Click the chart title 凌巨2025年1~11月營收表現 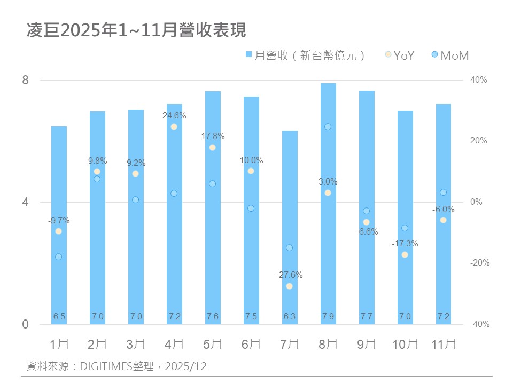(x=136, y=30)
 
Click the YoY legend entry (x=399, y=55)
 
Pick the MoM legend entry (x=450, y=55)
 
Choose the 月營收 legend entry (x=305, y=55)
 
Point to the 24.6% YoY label (x=174, y=115)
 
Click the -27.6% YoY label (x=290, y=275)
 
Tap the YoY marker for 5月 (x=212, y=147)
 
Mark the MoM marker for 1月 (x=59, y=257)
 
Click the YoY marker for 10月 (x=405, y=254)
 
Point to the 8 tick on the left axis (x=25, y=81)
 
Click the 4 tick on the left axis (x=25, y=203)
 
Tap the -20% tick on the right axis (x=479, y=263)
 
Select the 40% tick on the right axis (x=479, y=80)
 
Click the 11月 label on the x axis (x=444, y=345)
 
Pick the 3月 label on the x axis (x=136, y=345)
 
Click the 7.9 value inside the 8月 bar (x=328, y=317)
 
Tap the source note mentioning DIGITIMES (x=116, y=366)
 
